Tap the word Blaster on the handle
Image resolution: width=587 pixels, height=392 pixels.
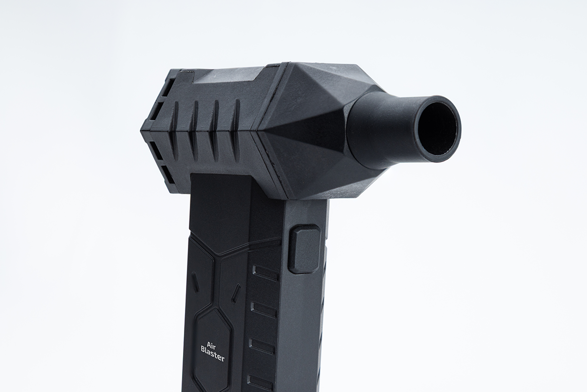(213, 353)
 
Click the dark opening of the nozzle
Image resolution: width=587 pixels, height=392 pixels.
(439, 129)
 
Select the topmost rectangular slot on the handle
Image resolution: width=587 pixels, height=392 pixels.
(265, 272)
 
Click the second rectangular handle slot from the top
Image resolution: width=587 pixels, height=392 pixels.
(264, 309)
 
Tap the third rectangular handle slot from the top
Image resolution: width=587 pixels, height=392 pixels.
(262, 346)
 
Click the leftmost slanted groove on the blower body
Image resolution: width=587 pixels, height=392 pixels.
(175, 130)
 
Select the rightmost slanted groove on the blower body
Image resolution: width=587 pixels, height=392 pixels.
(237, 129)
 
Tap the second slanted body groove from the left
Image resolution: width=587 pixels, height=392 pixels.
(195, 129)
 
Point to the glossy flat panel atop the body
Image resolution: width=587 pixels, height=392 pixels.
(230, 74)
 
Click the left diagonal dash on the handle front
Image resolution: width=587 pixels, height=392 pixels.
(195, 282)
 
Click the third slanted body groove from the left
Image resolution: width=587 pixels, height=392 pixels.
(215, 129)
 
